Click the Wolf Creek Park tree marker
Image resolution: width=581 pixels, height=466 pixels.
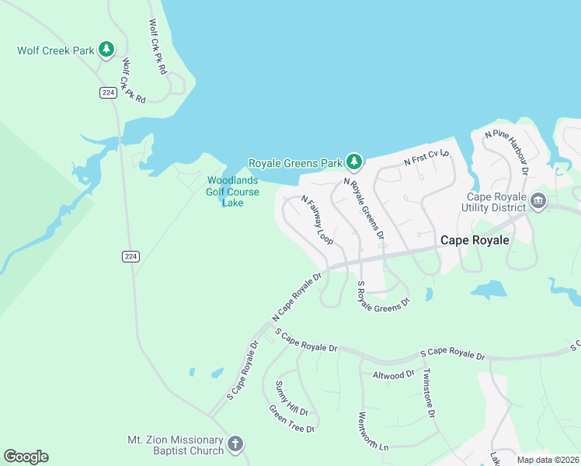pyautogui.click(x=106, y=50)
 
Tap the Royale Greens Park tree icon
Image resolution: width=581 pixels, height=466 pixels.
pyautogui.click(x=354, y=162)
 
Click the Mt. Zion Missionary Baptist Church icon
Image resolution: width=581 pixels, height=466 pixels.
pyautogui.click(x=235, y=445)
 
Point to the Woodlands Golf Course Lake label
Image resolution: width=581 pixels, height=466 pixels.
pyautogui.click(x=233, y=192)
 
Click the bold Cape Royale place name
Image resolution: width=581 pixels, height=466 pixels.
pyautogui.click(x=475, y=240)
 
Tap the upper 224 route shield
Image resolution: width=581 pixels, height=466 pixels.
pyautogui.click(x=109, y=92)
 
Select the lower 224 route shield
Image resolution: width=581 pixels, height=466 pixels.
pyautogui.click(x=130, y=256)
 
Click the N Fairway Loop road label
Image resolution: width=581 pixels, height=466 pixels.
pyautogui.click(x=317, y=220)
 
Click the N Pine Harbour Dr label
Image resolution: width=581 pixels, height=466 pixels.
pyautogui.click(x=506, y=151)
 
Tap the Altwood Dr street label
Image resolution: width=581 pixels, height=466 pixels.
pyautogui.click(x=394, y=374)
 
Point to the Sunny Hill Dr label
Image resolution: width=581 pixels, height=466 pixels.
pyautogui.click(x=291, y=398)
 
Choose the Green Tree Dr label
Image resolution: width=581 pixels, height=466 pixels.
pyautogui.click(x=291, y=419)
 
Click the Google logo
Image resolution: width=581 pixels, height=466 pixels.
pyautogui.click(x=26, y=457)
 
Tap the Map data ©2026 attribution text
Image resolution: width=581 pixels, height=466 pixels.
pyautogui.click(x=548, y=460)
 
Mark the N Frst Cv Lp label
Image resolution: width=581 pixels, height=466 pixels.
pyautogui.click(x=426, y=158)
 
